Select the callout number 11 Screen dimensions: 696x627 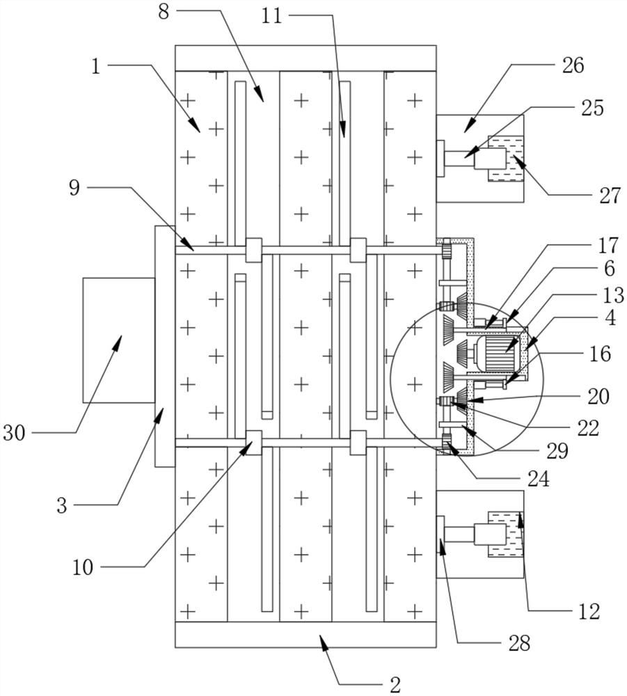(x=271, y=15)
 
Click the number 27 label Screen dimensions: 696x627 (x=609, y=196)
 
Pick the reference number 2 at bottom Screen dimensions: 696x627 (x=395, y=684)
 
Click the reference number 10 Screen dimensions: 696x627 (x=82, y=567)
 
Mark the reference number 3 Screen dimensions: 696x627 (x=63, y=505)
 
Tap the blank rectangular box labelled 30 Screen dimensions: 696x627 (x=118, y=340)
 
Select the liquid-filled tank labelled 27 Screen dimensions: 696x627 (x=507, y=159)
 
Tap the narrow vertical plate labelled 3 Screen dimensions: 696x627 (x=164, y=346)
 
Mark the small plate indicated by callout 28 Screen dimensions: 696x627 (x=440, y=535)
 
